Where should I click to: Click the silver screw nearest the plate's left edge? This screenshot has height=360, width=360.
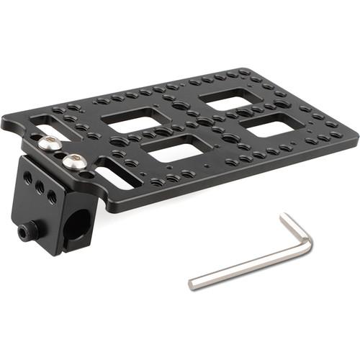point(50,144)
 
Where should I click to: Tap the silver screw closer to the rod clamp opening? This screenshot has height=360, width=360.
point(73,162)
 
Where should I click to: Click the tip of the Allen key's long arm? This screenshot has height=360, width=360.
point(192,283)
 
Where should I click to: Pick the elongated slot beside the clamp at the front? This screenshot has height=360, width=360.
point(115,175)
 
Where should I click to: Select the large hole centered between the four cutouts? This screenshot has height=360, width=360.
point(205,122)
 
